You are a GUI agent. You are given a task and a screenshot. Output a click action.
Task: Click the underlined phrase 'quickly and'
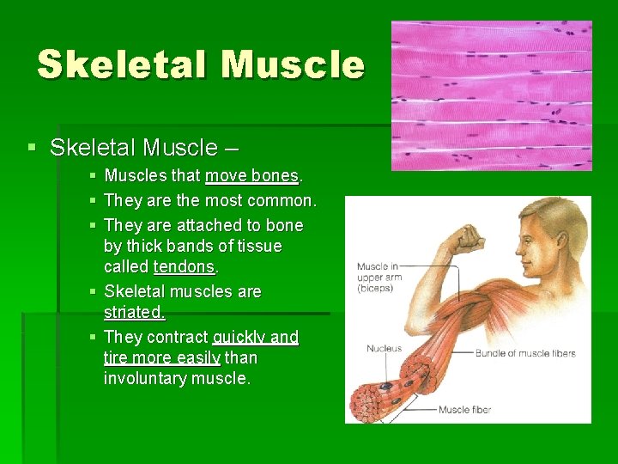(255, 337)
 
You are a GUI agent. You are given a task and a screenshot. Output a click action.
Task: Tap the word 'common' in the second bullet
(280, 201)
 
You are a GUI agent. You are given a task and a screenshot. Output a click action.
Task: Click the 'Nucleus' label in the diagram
(384, 349)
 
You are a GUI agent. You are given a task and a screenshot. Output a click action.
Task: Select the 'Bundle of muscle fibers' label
(524, 353)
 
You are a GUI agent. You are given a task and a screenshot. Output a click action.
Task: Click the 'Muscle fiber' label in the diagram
(464, 410)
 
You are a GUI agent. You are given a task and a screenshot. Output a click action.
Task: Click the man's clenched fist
(470, 238)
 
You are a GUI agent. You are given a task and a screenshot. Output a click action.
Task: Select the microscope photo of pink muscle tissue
(491, 95)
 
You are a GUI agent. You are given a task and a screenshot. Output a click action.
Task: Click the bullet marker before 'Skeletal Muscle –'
(32, 148)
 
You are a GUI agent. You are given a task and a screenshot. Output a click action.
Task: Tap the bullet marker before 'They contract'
(93, 337)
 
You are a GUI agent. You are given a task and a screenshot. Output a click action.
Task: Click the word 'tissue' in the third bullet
(257, 246)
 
